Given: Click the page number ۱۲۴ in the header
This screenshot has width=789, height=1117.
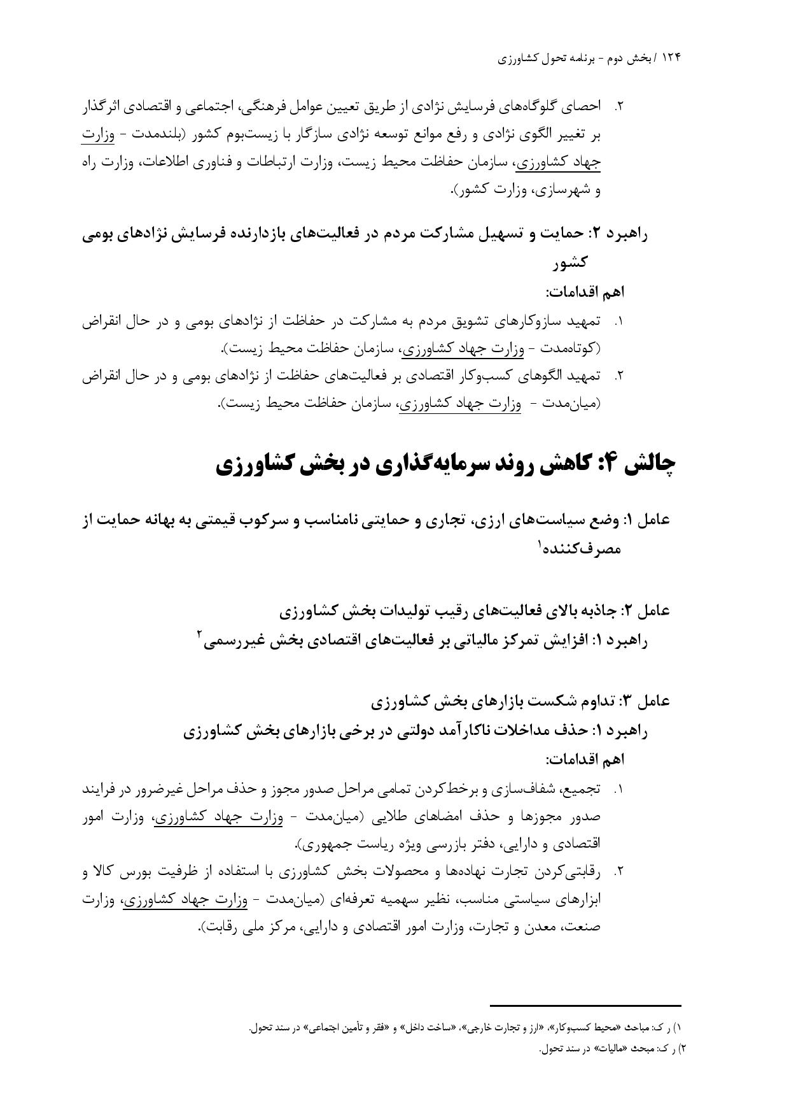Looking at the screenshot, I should (671, 58).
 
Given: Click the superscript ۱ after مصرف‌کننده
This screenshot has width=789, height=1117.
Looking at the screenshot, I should (540, 543).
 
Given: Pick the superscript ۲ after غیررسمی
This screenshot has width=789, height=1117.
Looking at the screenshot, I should (200, 634).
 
